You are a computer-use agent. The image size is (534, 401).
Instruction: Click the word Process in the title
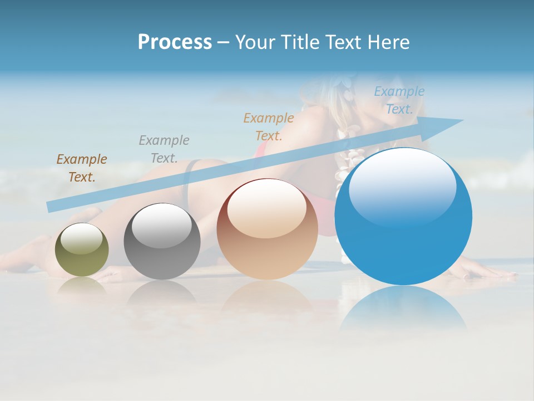tap(175, 42)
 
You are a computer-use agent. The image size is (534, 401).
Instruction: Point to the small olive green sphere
tap(82, 250)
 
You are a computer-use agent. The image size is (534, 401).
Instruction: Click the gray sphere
tap(162, 242)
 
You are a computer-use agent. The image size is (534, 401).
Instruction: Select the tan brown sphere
tap(267, 229)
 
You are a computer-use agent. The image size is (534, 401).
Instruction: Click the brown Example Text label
tap(82, 168)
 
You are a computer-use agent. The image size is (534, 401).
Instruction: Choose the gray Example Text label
tap(164, 149)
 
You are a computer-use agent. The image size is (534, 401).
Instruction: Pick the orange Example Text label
tap(269, 126)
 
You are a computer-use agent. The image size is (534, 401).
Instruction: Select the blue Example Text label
tap(399, 100)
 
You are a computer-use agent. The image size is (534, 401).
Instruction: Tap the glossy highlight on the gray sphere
tap(161, 226)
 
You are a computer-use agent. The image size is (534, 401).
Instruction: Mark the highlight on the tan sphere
tap(266, 209)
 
